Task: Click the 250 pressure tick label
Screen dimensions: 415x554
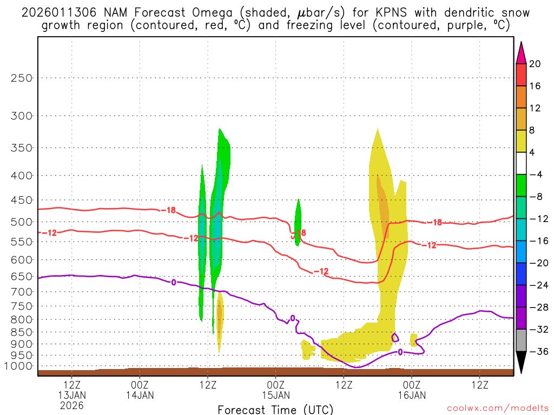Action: (x=21, y=78)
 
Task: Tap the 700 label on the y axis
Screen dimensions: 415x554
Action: (x=21, y=292)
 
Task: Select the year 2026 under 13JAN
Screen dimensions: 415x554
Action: (x=72, y=405)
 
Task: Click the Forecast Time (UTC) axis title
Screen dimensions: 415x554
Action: (x=275, y=410)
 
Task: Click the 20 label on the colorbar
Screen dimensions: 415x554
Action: (x=535, y=64)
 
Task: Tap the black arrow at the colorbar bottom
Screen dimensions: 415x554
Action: (x=521, y=363)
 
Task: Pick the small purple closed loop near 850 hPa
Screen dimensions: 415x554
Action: (x=395, y=337)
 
